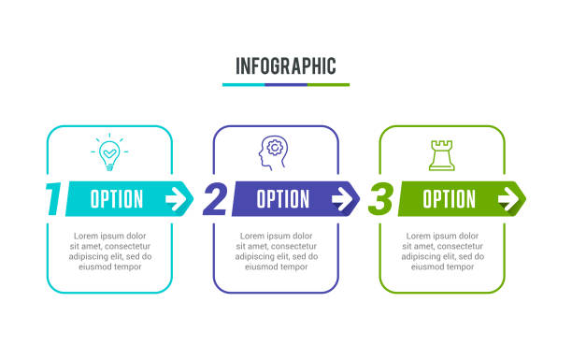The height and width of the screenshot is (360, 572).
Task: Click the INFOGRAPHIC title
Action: point(285,66)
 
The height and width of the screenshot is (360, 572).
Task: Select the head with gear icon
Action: point(273,153)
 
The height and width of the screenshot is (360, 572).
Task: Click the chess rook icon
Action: point(441,154)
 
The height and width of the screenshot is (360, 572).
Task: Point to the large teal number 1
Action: point(54,199)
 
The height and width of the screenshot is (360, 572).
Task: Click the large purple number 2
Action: point(215,199)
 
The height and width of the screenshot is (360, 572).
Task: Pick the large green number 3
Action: point(380,199)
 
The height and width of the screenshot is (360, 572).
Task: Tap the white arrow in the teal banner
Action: point(176,198)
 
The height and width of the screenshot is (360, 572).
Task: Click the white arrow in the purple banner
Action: point(342,198)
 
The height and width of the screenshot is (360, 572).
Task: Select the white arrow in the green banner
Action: point(508,198)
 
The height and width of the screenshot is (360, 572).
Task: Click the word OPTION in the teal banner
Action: point(117,199)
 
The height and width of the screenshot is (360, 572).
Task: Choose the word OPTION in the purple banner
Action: point(282,199)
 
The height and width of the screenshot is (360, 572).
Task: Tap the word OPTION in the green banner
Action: point(449,199)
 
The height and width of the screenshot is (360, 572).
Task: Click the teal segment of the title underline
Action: point(243,85)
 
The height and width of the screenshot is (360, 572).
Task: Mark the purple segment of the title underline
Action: point(286,85)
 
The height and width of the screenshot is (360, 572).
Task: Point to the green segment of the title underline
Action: point(328,85)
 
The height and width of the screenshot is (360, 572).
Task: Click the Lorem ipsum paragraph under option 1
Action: point(110,251)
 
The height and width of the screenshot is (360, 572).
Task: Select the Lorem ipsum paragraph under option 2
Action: point(276,251)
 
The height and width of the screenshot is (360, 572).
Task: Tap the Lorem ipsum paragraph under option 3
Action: point(442,251)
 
